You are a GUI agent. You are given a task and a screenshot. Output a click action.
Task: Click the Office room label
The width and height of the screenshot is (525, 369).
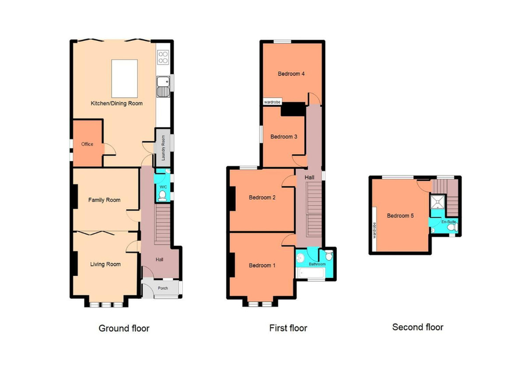[87, 144]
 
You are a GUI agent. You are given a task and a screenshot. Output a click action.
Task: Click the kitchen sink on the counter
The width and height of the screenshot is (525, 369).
[163, 87]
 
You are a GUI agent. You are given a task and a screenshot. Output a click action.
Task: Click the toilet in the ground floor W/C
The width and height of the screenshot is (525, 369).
[162, 195]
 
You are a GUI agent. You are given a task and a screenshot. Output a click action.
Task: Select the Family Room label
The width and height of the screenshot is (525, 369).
[104, 200]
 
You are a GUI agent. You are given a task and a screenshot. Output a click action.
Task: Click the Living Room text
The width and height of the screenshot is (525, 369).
[105, 264]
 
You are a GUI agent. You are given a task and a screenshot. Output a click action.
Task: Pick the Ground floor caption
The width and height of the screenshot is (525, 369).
[124, 328]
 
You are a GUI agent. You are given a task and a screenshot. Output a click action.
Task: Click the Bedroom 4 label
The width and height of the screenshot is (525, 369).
[291, 74]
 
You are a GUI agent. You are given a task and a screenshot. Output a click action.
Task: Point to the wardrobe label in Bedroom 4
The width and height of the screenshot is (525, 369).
[272, 102]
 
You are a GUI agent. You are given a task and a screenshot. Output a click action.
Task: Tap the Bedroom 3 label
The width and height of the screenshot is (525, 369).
[283, 137]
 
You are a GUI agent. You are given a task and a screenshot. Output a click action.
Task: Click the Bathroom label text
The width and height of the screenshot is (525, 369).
[317, 264]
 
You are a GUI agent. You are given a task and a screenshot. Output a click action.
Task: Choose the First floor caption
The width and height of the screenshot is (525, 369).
[288, 328]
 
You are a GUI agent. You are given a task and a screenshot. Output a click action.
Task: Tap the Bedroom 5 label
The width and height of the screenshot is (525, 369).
[400, 216]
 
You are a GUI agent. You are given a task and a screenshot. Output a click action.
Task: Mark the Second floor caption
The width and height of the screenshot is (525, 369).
[417, 327]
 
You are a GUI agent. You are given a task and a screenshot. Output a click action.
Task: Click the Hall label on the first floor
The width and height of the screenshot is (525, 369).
[309, 177]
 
